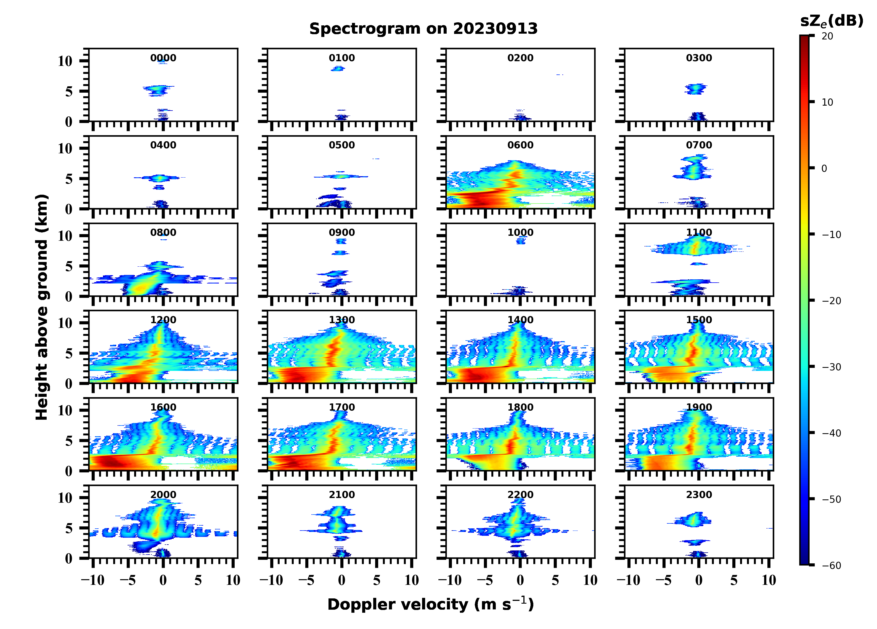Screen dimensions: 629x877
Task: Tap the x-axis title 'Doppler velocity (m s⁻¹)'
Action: (x=430, y=604)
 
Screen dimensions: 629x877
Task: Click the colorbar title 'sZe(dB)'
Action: (x=831, y=21)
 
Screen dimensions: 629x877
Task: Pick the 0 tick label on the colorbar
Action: (x=824, y=168)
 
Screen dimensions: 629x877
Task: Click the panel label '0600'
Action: (x=520, y=145)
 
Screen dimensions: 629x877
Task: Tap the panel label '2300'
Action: (x=699, y=495)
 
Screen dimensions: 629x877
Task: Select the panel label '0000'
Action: (x=163, y=58)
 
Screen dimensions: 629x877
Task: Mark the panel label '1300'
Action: (x=341, y=320)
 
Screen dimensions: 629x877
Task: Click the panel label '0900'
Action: (x=341, y=232)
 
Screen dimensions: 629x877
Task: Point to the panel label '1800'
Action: (x=520, y=407)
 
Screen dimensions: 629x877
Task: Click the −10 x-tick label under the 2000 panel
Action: (x=92, y=580)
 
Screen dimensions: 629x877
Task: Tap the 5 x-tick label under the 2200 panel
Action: (x=555, y=580)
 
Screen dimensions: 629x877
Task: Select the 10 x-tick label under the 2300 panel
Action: (x=769, y=580)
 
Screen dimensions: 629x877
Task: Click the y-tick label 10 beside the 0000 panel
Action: (x=65, y=61)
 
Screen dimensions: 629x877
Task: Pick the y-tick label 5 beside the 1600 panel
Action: (x=69, y=441)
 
